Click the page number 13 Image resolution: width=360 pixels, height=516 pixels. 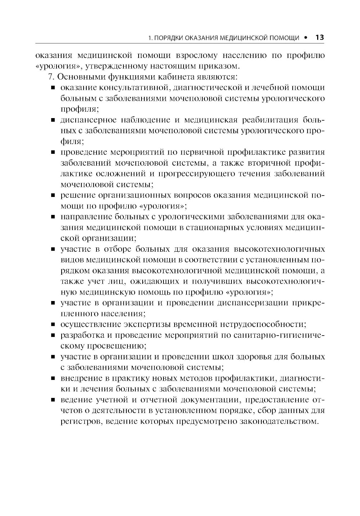pos(319,37)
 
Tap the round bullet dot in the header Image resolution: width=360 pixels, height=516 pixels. pos(306,37)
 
